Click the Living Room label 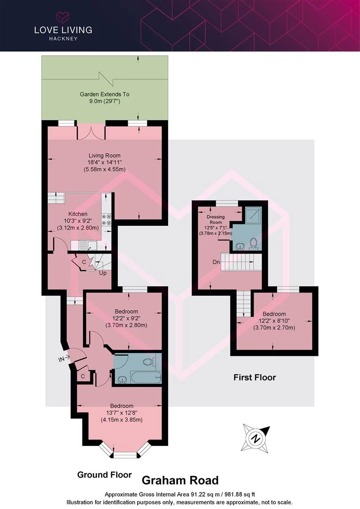pos(105,156)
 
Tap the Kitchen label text pos(78,214)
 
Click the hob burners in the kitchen pos(106,219)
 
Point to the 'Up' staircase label pos(103,273)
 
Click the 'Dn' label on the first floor pos(216,262)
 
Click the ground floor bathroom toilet pos(150,361)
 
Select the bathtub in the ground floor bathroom pos(146,378)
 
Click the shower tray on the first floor pos(253,215)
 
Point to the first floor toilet pos(253,244)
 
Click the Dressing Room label pos(216,220)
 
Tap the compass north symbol pos(255,438)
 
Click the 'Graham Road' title pos(180,480)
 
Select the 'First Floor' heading pos(255,377)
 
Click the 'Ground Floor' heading pos(105,475)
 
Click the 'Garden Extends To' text pos(105,94)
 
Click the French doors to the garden pos(91,132)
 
